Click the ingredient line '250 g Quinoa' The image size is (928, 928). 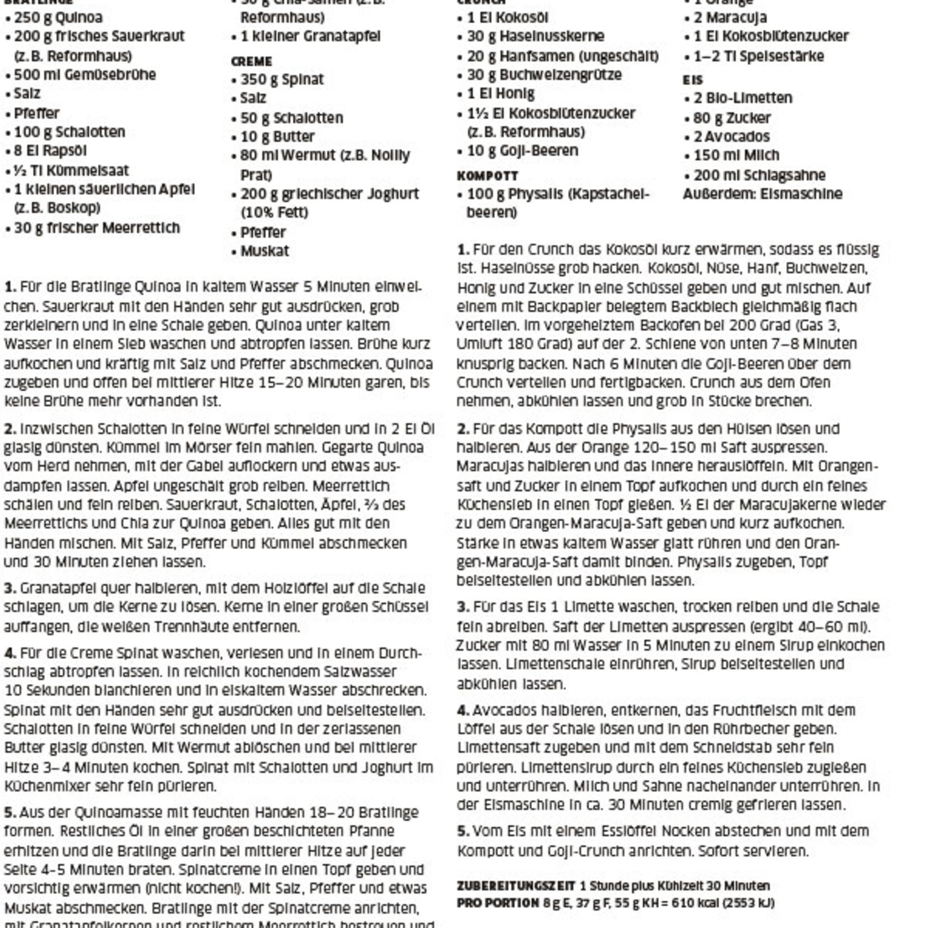(58, 18)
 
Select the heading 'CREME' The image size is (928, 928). (251, 62)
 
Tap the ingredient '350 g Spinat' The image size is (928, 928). (282, 79)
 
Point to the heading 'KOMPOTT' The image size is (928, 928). (487, 176)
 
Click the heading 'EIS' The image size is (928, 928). (692, 80)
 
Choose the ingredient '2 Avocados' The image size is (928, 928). (731, 137)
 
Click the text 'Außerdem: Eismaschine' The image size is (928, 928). (762, 194)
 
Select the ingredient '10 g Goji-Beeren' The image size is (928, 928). (522, 151)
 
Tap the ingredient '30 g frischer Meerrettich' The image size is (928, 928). (97, 227)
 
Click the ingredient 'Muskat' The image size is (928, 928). (265, 251)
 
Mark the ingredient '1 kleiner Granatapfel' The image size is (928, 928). (310, 37)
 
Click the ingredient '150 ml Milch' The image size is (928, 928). (736, 155)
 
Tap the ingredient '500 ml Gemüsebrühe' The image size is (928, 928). (85, 75)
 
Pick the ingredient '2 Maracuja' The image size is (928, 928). (730, 18)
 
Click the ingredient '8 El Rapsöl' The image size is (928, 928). (50, 151)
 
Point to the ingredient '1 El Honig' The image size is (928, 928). (501, 94)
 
